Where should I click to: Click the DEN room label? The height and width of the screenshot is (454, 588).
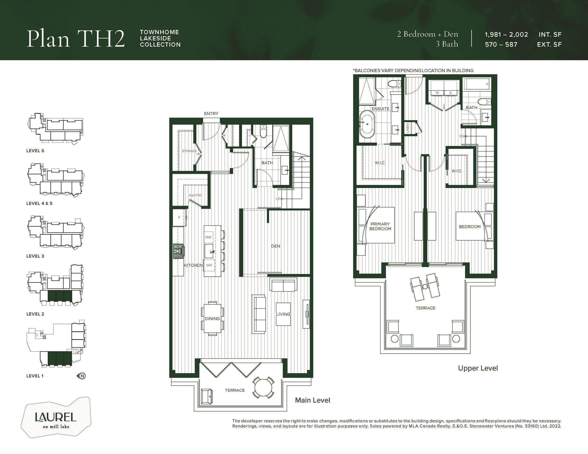pyautogui.click(x=275, y=246)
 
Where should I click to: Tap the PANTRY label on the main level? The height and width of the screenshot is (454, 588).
pyautogui.click(x=195, y=195)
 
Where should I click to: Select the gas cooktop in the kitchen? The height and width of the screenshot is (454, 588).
pyautogui.click(x=179, y=252)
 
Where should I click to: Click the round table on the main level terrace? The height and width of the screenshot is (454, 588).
pyautogui.click(x=263, y=388)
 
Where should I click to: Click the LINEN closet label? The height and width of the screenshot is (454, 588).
pyautogui.click(x=408, y=128)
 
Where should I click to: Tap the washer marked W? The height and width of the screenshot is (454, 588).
pyautogui.click(x=437, y=93)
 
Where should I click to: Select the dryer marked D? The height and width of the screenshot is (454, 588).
pyautogui.click(x=450, y=93)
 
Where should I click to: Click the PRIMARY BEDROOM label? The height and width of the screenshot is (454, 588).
pyautogui.click(x=380, y=226)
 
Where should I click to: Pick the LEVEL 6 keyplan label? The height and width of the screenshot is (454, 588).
pyautogui.click(x=35, y=151)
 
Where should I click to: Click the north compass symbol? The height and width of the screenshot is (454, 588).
pyautogui.click(x=81, y=376)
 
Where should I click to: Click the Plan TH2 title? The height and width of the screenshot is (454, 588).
pyautogui.click(x=76, y=39)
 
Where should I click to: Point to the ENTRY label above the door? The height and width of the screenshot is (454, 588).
pyautogui.click(x=211, y=114)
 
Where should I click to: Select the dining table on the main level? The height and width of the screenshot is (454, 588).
pyautogui.click(x=212, y=318)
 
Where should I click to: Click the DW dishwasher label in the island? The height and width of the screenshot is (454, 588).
pyautogui.click(x=209, y=265)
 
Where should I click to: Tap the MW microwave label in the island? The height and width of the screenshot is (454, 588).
pyautogui.click(x=208, y=237)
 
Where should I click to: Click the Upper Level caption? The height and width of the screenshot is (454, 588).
pyautogui.click(x=478, y=368)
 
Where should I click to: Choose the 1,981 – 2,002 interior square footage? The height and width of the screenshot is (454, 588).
pyautogui.click(x=506, y=35)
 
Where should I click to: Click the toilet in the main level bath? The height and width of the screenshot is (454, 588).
pyautogui.click(x=263, y=131)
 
